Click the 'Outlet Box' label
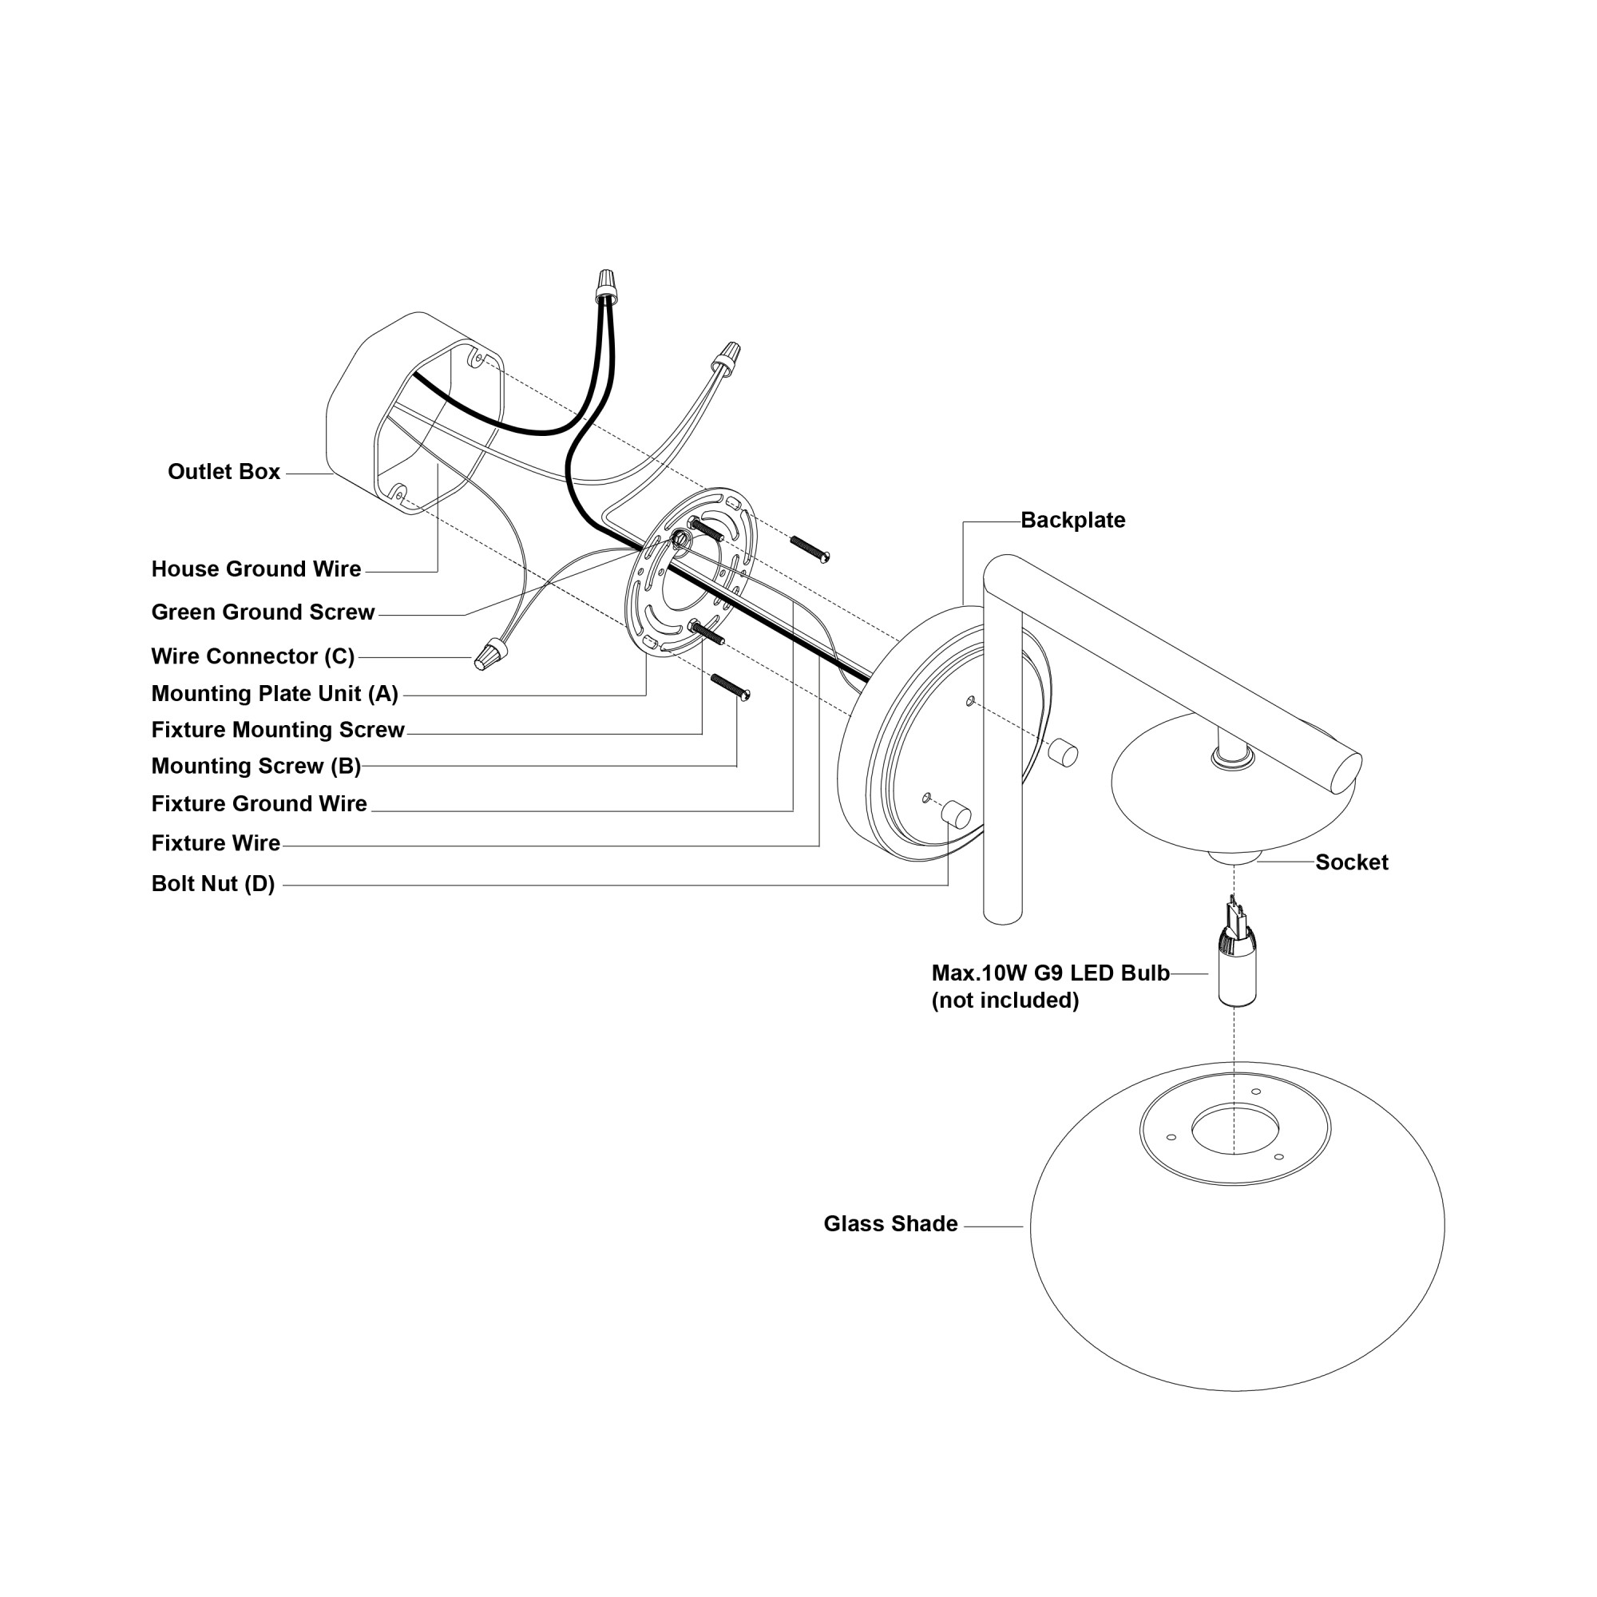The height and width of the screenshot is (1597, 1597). coord(224,472)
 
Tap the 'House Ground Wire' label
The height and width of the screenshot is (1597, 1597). coord(256,569)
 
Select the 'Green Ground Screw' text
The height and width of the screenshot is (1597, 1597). coord(263,612)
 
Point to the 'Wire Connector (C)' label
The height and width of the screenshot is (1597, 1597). coord(253,656)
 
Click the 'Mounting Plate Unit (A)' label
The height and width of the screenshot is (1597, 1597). coord(275,694)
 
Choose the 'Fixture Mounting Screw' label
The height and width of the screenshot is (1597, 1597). coord(278,730)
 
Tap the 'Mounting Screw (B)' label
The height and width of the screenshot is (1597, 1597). coord(256,767)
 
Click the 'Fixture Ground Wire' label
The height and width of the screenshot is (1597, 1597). coord(259,803)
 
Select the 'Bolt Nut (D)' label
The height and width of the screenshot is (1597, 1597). coord(213,884)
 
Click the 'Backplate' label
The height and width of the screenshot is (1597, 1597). coord(1072,521)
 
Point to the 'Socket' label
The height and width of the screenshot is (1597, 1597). coord(1352,862)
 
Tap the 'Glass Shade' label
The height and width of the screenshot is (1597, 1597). coord(890,1224)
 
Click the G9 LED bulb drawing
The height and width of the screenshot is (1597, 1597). coord(1236,959)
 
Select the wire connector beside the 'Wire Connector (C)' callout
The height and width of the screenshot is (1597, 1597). coord(490,654)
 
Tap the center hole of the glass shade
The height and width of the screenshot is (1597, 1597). coord(1235,1127)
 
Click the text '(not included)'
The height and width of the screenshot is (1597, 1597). coord(1005,1001)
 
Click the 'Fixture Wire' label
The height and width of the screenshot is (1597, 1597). coord(216,843)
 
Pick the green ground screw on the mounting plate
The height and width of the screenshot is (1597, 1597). coord(680,539)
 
